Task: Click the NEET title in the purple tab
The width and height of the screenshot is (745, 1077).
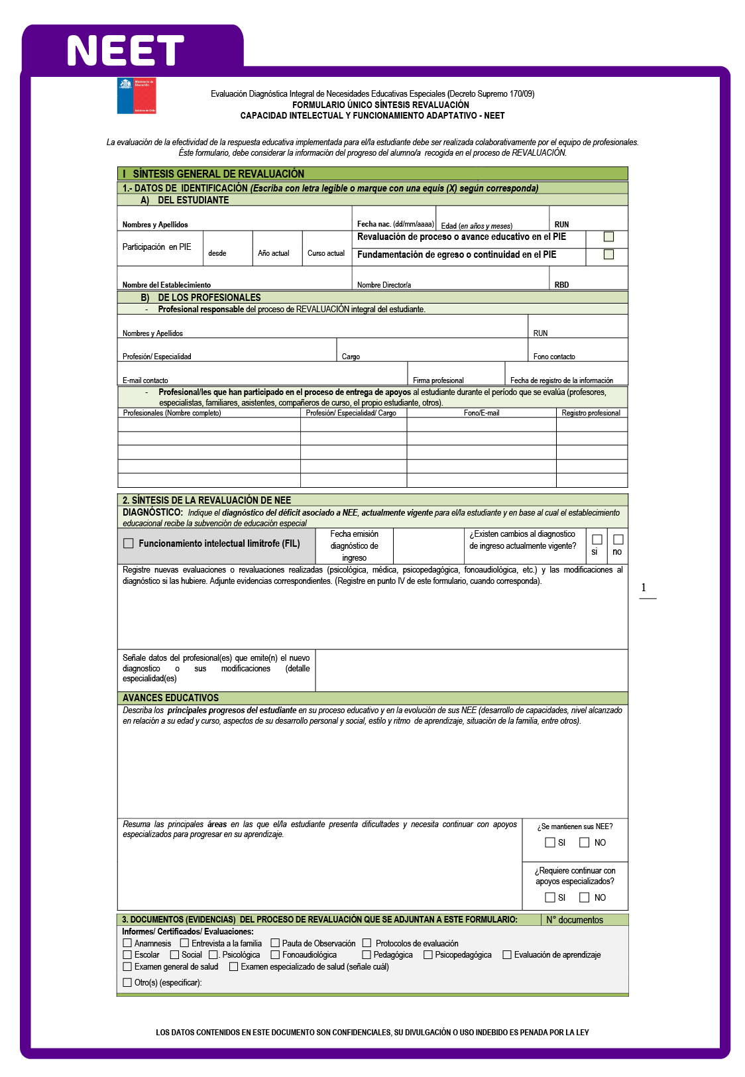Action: point(125,51)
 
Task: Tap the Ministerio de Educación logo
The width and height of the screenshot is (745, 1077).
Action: point(137,96)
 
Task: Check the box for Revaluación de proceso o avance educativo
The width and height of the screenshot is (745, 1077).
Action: point(608,237)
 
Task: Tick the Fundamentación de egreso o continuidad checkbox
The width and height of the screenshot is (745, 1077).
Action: point(608,255)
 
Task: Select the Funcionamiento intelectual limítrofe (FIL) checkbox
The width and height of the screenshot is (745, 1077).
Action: point(129,543)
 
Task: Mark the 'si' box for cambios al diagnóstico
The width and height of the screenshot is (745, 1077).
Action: point(597,539)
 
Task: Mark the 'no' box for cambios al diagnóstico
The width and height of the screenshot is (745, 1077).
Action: point(618,539)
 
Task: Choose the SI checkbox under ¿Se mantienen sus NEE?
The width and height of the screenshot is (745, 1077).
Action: point(549,842)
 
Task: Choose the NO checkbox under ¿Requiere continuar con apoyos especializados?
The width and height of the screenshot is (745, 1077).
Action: point(584,897)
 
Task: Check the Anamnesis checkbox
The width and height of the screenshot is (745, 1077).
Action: point(127,942)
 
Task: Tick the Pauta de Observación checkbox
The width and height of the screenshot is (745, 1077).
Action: point(275,942)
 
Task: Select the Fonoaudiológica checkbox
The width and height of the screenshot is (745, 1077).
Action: point(275,954)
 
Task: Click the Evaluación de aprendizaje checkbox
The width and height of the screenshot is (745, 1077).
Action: point(507,954)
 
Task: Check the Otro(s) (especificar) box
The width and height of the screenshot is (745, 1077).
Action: point(127,982)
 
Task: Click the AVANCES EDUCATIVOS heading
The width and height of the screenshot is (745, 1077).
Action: point(170,698)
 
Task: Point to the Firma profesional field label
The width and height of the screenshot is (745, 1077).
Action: point(438,380)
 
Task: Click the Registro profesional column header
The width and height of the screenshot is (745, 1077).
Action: point(591,413)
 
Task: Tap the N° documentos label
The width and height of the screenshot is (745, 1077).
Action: point(575,920)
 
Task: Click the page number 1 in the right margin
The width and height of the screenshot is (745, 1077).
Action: point(643,588)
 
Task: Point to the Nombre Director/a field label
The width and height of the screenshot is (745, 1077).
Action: point(384,285)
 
